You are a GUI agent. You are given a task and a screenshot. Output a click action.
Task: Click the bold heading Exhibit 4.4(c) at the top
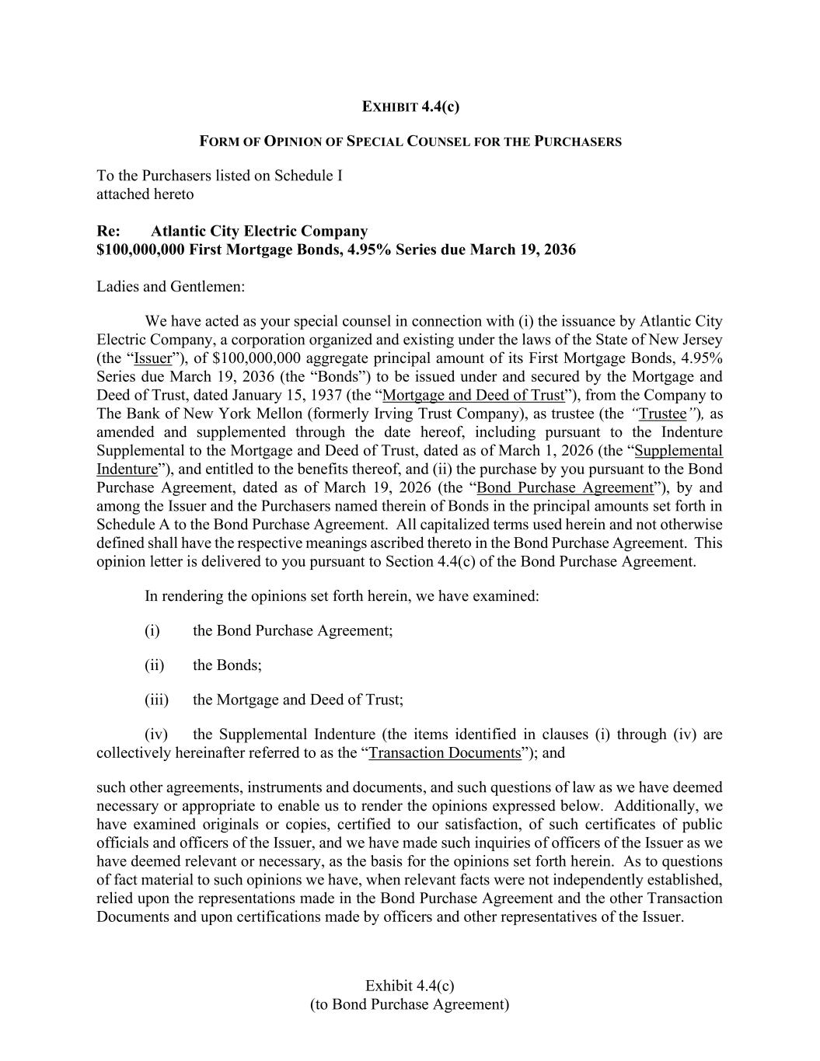click(410, 106)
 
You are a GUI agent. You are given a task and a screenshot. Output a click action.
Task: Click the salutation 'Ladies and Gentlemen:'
click(170, 286)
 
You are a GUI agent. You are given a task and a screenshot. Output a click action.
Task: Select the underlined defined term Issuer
click(152, 358)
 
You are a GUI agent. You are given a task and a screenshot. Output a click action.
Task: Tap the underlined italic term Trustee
click(662, 414)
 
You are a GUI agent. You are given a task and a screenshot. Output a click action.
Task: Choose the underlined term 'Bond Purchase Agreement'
click(565, 487)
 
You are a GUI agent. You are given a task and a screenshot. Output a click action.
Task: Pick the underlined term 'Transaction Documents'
click(445, 752)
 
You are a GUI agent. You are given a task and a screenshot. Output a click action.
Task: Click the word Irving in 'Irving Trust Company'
click(369, 414)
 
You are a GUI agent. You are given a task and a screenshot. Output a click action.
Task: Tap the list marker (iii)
click(156, 700)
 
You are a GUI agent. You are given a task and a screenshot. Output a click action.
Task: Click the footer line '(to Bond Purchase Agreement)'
click(410, 1004)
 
